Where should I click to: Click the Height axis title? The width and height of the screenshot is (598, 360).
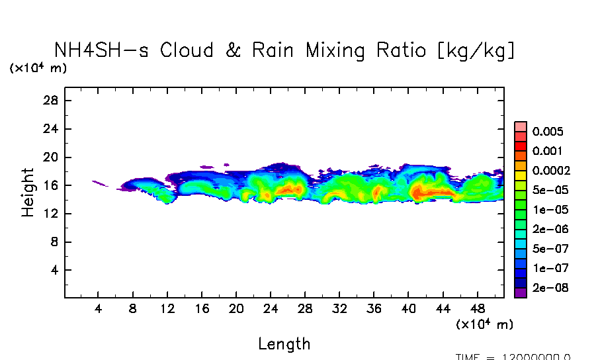point(28,192)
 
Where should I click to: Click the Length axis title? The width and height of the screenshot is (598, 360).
point(284,344)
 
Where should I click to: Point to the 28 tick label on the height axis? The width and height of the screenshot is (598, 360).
point(52,101)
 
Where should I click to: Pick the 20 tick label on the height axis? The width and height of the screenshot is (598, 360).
point(52,157)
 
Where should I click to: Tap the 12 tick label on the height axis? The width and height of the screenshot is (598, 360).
point(52,214)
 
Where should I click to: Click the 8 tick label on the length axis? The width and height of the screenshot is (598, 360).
point(133,308)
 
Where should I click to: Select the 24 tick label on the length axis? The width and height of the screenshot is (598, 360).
point(271,308)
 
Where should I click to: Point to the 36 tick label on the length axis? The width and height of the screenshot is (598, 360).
point(374,308)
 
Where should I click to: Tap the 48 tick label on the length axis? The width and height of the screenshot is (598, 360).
point(477,308)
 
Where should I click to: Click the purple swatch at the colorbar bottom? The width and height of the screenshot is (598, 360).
point(520,292)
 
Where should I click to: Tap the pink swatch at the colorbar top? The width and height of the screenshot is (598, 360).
point(520,126)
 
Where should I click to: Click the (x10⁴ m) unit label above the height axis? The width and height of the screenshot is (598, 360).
point(38,68)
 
